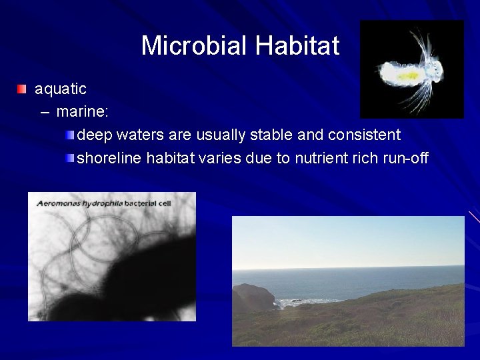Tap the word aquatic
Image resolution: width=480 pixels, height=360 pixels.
tap(61, 88)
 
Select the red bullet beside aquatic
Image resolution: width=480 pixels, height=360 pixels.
tap(22, 89)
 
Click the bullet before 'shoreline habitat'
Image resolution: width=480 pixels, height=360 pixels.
tap(71, 159)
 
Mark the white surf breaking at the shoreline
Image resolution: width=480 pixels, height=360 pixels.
tap(293, 302)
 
